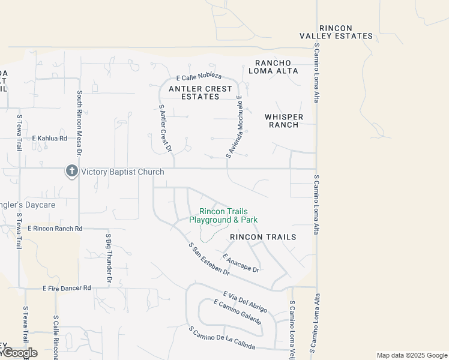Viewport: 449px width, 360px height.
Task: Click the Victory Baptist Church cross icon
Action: [x=72, y=172]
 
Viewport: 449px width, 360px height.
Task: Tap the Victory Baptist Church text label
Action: [x=122, y=172]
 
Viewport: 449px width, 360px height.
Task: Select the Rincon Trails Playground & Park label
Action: [x=223, y=216]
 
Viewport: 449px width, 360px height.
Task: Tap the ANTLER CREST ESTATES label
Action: [x=200, y=92]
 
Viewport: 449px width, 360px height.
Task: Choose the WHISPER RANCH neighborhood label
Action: [x=283, y=121]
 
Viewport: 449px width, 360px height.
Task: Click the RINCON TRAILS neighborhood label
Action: [x=263, y=237]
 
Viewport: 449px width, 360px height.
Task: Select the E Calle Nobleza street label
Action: [x=199, y=77]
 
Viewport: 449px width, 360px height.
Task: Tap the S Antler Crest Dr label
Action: [x=165, y=127]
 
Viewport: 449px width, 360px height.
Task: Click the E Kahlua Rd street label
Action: [x=50, y=139]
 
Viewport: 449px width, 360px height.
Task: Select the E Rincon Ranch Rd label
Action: [x=54, y=229]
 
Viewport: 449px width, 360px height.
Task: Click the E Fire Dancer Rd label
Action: [x=67, y=288]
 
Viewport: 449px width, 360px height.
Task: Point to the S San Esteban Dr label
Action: [x=209, y=259]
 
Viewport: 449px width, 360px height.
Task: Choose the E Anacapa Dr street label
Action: [x=240, y=263]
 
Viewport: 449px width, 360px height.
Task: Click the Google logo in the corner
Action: [x=19, y=353]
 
